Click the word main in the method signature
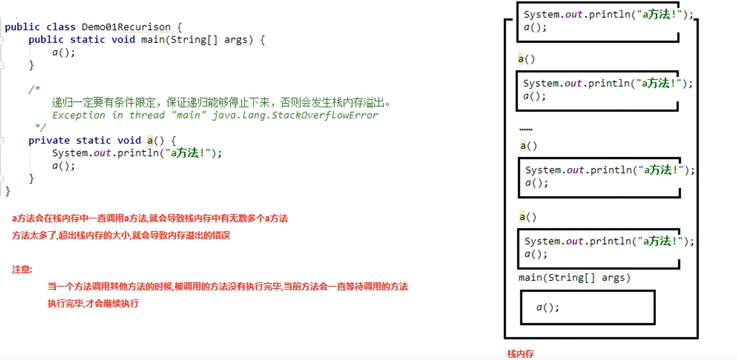(x=152, y=40)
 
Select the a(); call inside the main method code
(x=64, y=53)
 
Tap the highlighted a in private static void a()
(x=150, y=140)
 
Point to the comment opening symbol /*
(x=34, y=90)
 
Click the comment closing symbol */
(x=40, y=128)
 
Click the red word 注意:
(x=22, y=269)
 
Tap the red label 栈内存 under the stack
(x=520, y=354)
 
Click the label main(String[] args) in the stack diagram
(x=574, y=278)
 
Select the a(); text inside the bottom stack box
(x=548, y=307)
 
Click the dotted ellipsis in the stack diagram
(x=526, y=129)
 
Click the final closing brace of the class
(x=7, y=191)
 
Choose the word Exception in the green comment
(x=78, y=115)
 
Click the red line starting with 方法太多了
(x=121, y=236)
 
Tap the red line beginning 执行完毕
(x=93, y=304)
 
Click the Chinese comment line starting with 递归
(x=221, y=102)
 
